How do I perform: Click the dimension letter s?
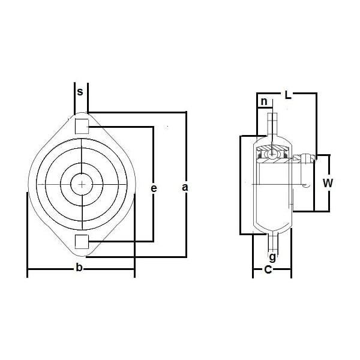coord(80,92)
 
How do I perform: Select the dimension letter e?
coord(154,188)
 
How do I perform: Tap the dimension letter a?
coord(185,188)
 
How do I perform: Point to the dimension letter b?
coord(79,268)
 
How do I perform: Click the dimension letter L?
coord(288,94)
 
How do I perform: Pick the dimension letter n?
coord(263,102)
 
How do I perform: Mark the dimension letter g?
coord(272,257)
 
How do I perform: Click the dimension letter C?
coord(268,270)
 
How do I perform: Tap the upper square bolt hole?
coord(81,126)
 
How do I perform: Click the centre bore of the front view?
coord(80,184)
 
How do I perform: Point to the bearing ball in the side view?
coord(273,153)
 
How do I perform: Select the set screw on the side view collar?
coord(307,158)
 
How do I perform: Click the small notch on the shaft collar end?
coord(308,185)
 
